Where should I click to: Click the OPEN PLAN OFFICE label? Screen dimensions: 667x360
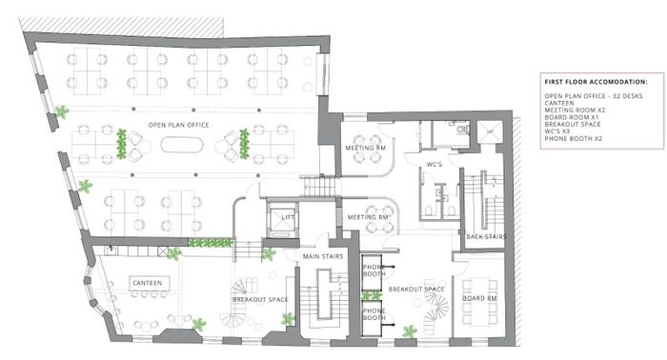coord(178,125)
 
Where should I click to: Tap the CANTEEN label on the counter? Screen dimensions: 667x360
coord(147,283)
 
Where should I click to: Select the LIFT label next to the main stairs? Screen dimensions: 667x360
coord(288,217)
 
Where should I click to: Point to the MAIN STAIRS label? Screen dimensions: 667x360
coord(323,256)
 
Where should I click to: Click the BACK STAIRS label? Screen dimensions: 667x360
coord(486,237)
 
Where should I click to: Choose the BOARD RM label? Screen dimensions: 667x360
coord(479,298)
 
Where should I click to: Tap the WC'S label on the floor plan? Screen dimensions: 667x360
coord(435,165)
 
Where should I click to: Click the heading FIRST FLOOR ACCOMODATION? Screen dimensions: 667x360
coord(596,82)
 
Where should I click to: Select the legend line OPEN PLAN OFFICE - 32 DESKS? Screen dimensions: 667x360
coord(594,96)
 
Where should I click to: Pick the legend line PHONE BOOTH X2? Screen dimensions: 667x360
coord(573,138)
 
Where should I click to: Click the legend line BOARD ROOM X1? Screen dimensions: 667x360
coord(572,117)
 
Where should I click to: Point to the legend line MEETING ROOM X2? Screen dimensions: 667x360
coord(575,110)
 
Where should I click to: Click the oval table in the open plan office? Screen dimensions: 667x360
coord(182,145)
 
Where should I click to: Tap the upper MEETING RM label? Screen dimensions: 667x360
coord(365,148)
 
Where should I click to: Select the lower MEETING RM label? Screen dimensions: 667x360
coord(369,217)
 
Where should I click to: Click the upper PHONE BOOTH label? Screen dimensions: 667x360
coord(374,270)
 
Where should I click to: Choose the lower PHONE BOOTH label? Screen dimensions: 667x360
coord(374,314)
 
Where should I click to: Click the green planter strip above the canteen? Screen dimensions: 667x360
coord(211,243)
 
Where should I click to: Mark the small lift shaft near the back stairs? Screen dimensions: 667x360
coord(490,131)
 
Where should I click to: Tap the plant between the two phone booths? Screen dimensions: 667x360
coord(371,295)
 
